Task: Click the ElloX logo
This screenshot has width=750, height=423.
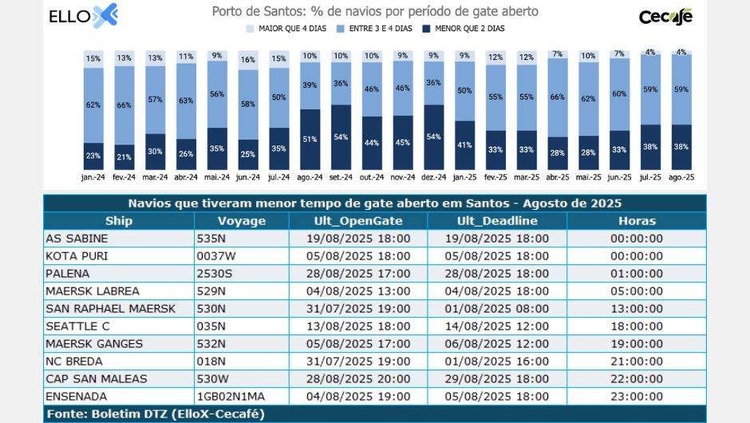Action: (83, 16)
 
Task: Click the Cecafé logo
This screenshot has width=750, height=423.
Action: (665, 17)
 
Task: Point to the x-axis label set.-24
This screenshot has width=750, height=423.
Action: (341, 177)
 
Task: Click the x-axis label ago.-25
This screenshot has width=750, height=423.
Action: (681, 177)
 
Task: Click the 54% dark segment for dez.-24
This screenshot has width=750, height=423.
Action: (434, 137)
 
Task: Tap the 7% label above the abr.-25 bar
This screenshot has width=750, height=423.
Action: (557, 54)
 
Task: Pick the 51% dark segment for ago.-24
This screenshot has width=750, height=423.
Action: (310, 140)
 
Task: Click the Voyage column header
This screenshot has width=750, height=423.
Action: (242, 221)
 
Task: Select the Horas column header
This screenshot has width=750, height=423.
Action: (636, 221)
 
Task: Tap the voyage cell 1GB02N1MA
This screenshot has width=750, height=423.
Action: (231, 396)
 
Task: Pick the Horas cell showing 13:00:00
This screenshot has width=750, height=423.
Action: (636, 308)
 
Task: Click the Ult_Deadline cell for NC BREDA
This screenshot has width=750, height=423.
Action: (496, 361)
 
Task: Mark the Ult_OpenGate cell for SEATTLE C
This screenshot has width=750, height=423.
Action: (357, 326)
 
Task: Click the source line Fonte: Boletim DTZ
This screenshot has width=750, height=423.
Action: (155, 413)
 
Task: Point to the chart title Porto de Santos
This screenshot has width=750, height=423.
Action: (375, 12)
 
